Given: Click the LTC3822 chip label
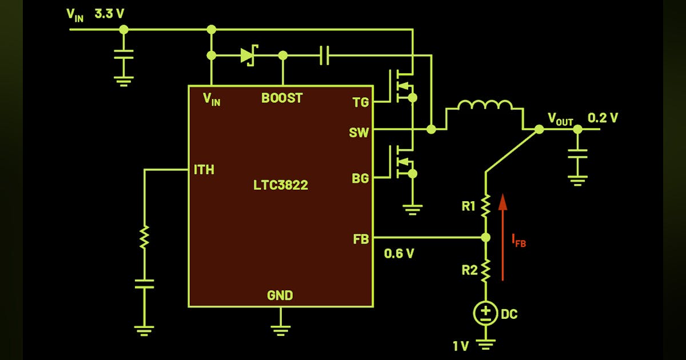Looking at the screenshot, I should pos(280,185).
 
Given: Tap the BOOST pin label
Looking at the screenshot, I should pos(282,98).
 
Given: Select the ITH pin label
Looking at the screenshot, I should pos(204,170).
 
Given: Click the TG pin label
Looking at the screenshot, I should pos(361,103).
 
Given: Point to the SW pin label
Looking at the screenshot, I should pos(359,133).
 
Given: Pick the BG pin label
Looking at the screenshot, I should pos(360,178).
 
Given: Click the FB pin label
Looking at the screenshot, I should pos(361,239).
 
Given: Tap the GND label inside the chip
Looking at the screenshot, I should pos(280,295).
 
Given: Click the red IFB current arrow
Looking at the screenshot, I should pos(503,237).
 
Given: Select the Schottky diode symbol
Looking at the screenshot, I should pos(248,55).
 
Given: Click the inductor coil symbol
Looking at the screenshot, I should pos(485,106).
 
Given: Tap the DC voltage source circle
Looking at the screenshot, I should pos(485,313).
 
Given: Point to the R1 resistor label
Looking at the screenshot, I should pos(469,206).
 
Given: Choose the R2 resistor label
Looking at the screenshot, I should pos(469,270).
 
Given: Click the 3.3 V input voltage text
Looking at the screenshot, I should pos(109,14).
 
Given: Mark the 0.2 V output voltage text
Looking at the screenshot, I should pos(603,118).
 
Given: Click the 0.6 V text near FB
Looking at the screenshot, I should pos(399,254).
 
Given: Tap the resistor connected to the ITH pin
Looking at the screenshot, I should pos(145,236).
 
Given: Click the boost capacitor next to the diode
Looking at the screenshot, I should pos(324,55).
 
